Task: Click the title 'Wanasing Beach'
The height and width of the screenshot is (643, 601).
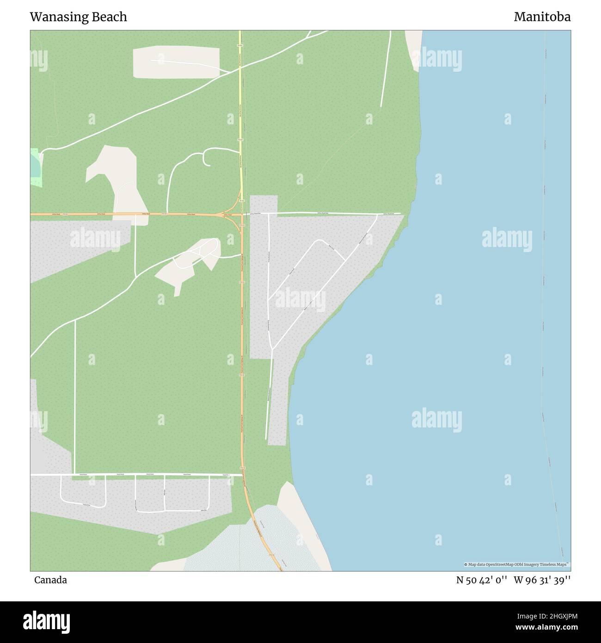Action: tap(78, 17)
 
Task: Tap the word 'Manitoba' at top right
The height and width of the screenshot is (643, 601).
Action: tap(542, 17)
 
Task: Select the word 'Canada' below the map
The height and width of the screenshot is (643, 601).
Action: tap(50, 580)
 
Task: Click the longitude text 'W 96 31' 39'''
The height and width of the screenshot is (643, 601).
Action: tap(542, 580)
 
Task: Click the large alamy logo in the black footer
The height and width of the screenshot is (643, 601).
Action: tap(46, 621)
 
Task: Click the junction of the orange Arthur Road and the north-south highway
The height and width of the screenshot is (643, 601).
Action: tap(241, 215)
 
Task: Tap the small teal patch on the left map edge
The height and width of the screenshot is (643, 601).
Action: tap(35, 167)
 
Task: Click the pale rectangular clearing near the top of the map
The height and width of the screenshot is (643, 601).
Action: tap(176, 62)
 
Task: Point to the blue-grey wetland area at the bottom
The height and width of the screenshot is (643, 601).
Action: tap(250, 546)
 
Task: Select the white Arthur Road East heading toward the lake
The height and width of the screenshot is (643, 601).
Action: tap(324, 213)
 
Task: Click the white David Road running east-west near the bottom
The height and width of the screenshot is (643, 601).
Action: tap(139, 475)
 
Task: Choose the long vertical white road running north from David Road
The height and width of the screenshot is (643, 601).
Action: tap(75, 393)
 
